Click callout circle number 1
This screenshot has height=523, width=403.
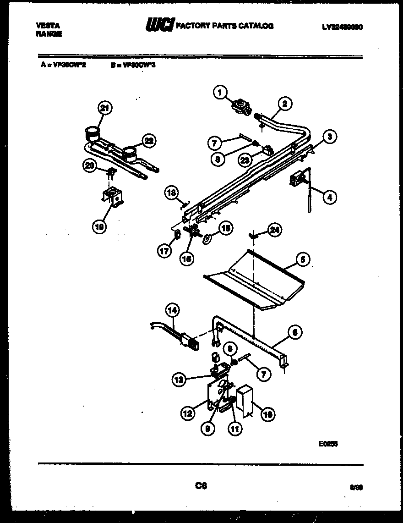click(220, 93)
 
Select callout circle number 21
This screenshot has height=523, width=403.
click(105, 108)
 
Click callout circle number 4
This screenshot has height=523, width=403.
click(328, 198)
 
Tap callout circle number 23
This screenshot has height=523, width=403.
click(245, 160)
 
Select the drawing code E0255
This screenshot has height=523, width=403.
click(328, 443)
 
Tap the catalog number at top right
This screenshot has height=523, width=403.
click(342, 27)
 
